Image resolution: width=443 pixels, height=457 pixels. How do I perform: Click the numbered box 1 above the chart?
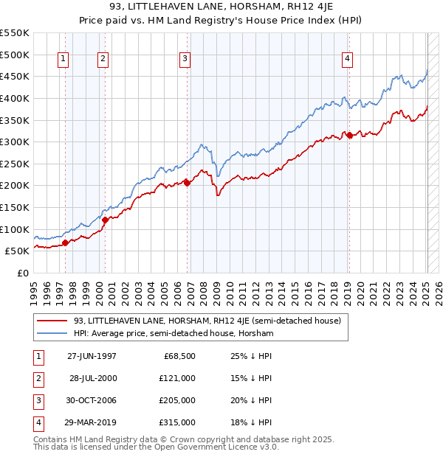coord(63,60)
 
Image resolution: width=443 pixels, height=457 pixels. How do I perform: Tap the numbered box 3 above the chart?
coord(185,60)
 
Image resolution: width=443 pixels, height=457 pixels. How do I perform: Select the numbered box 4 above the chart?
coord(346,60)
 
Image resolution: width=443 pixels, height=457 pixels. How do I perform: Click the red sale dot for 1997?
coord(66,243)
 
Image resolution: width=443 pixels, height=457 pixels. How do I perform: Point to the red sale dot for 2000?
coord(106,220)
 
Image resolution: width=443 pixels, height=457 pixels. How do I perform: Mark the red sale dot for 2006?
coord(187,183)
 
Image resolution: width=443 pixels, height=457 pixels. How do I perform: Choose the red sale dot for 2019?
coord(349,135)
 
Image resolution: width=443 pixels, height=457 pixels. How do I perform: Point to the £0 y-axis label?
coord(22,273)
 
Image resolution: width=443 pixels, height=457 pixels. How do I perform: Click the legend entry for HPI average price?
coord(174,334)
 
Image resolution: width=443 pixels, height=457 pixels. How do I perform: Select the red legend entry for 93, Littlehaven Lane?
coord(207,321)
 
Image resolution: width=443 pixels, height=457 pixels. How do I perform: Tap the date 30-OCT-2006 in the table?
coord(92,401)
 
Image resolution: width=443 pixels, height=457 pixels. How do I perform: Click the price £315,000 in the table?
coord(176,423)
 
